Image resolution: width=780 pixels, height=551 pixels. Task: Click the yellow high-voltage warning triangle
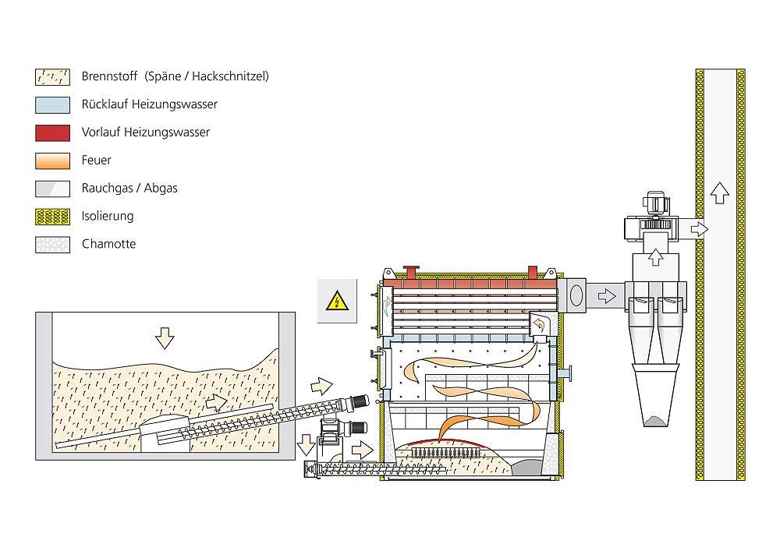pos(337,301)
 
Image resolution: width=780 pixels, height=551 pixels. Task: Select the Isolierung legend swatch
pos(53,217)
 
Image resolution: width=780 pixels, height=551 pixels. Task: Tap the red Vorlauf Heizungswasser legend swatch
pos(53,132)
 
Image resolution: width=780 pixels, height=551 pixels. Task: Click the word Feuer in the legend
pos(97,160)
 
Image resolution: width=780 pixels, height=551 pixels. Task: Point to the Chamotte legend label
pos(109,244)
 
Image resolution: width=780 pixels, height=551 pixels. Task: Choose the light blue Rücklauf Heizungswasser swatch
pos(53,105)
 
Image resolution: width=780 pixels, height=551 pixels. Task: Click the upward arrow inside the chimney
pos(719,192)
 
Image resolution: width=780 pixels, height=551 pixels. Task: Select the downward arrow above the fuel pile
pos(165,338)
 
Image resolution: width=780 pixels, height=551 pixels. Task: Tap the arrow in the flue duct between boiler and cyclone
pos(607,297)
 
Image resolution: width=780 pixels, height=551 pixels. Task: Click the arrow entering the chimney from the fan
pos(699,229)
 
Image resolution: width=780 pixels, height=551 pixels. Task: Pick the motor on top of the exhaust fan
pos(657,203)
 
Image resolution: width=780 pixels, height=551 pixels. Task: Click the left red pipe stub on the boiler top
pos(411,272)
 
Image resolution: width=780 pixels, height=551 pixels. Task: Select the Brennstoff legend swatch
pos(53,77)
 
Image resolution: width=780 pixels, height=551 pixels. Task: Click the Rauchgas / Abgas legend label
pos(129,188)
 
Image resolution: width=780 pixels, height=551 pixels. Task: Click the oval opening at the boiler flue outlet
pos(576,295)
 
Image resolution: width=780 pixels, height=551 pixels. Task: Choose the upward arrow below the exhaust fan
pos(656,257)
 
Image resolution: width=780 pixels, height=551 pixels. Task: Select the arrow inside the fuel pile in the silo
pos(216,402)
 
